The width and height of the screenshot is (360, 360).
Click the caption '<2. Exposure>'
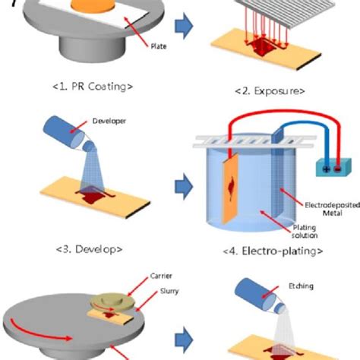(271, 91)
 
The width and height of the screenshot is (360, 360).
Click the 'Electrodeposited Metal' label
(319, 208)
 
